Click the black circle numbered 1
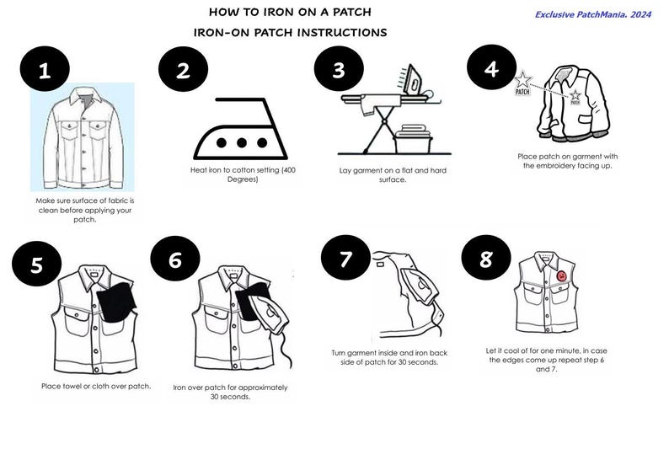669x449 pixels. [45, 70]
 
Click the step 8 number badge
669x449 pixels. [486, 259]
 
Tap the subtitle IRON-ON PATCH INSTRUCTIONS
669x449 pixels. [290, 33]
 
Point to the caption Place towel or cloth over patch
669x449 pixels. [95, 387]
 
